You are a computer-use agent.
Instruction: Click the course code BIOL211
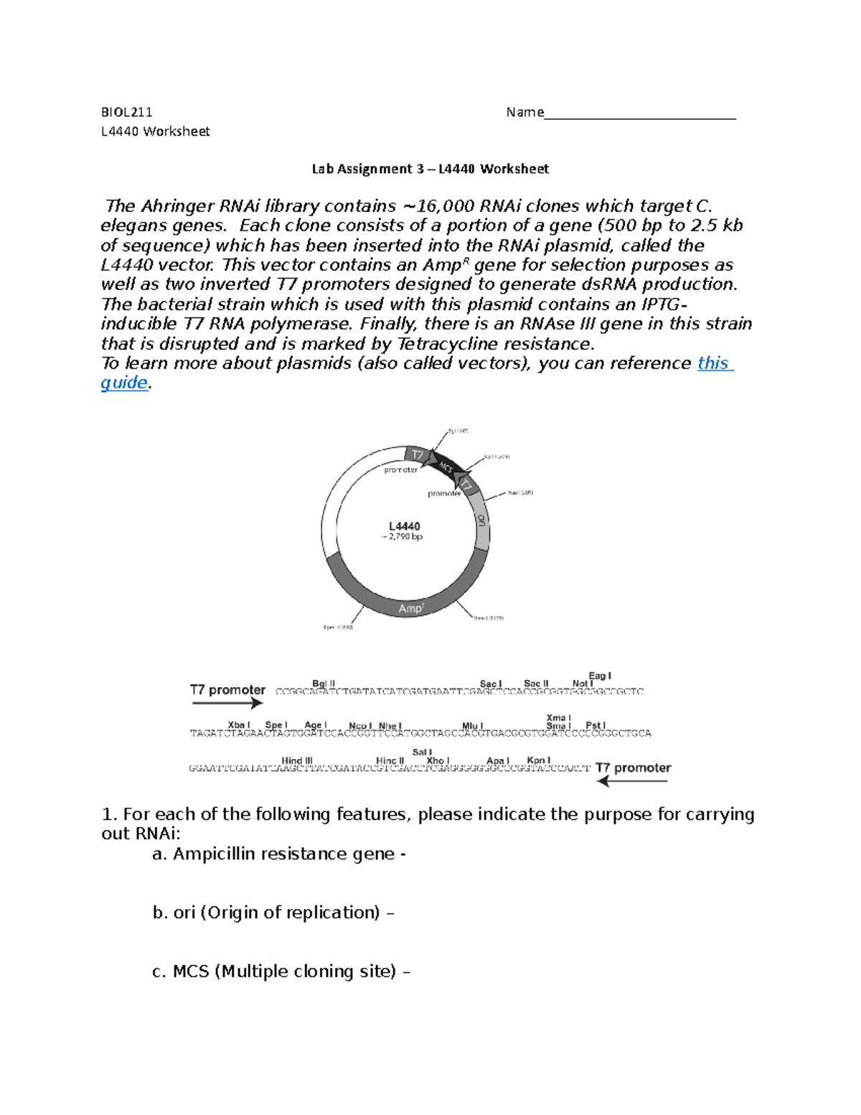point(126,112)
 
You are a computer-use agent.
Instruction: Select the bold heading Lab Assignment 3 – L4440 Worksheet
point(430,169)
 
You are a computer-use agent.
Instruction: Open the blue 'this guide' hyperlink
point(714,363)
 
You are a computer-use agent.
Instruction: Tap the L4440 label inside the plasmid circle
point(405,526)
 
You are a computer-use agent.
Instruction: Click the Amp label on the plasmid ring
point(411,609)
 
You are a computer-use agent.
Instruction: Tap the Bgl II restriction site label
point(324,684)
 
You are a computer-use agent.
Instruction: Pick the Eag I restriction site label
point(599,676)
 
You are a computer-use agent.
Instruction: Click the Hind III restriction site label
point(297,760)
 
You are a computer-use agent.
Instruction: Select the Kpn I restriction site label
point(538,760)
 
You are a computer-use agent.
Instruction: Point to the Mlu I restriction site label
point(473,726)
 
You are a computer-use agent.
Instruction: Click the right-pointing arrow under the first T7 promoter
point(227,704)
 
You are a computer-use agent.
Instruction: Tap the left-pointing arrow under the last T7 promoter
point(632,781)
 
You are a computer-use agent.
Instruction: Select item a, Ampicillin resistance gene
point(279,854)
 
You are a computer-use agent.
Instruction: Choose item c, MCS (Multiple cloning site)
point(281,971)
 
